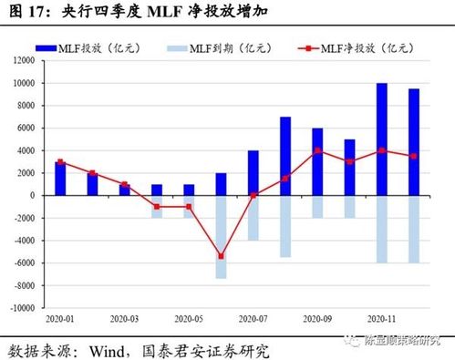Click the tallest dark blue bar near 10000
tap(382, 139)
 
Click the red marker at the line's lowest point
tap(221, 256)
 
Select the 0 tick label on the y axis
tap(31, 196)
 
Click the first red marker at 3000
tap(60, 161)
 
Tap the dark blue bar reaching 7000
tap(285, 156)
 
